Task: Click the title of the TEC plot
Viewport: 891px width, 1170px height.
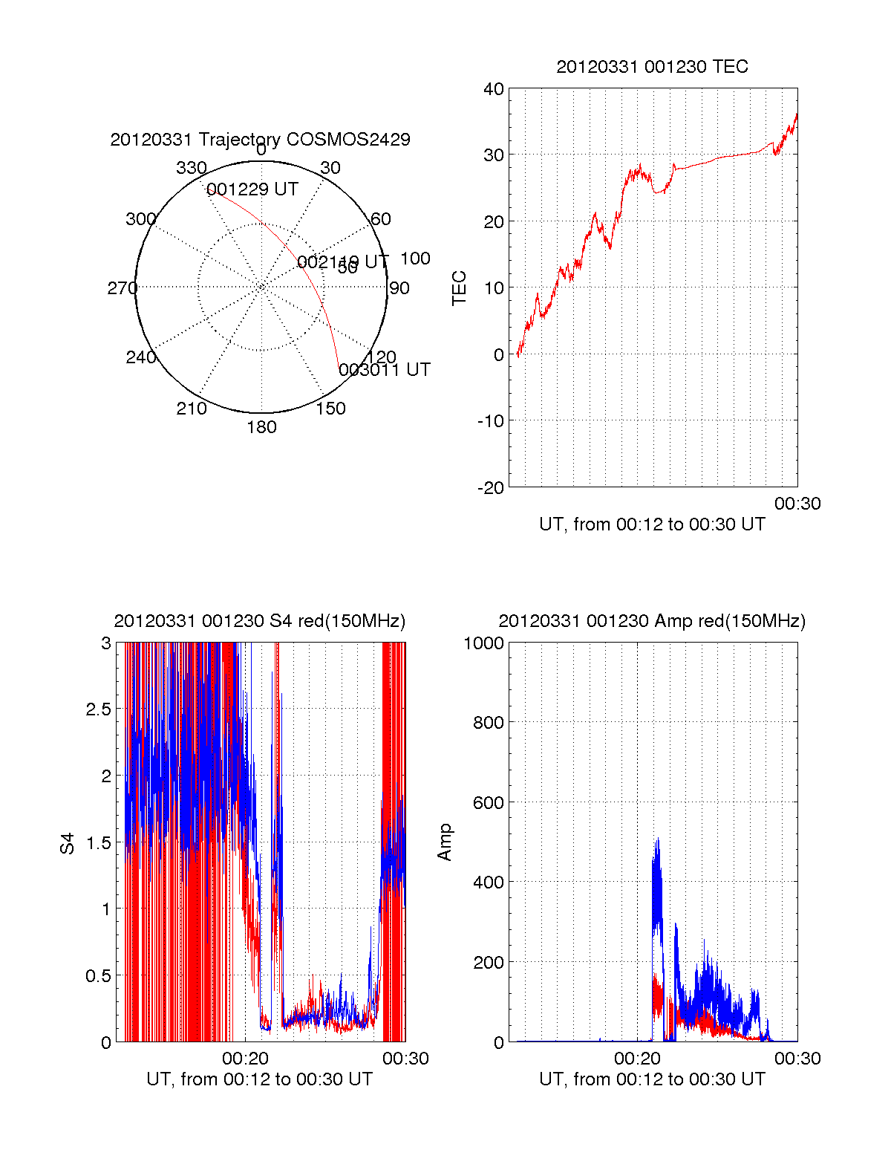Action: pos(652,67)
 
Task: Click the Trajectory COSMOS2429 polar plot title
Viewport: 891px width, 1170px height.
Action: pos(260,140)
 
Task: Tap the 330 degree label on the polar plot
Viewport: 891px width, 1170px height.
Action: pos(191,168)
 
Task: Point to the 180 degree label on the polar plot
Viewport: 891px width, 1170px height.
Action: pos(261,427)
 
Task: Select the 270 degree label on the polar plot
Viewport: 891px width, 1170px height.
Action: pos(122,288)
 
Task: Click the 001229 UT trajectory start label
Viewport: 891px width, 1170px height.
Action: pos(252,189)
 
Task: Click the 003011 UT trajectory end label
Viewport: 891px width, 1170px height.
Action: pos(385,370)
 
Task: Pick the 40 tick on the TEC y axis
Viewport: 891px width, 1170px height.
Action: pos(494,89)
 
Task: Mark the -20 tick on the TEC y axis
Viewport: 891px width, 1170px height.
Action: pos(491,488)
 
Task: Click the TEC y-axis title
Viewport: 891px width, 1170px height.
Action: pos(460,288)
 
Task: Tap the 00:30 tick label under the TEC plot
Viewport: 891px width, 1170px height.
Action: pos(797,504)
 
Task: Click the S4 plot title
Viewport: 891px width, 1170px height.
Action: pos(260,621)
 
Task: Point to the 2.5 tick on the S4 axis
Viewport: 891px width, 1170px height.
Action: pos(99,709)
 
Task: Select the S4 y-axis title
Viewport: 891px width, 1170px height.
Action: pos(68,843)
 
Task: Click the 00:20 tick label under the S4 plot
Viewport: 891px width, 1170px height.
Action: pos(245,1059)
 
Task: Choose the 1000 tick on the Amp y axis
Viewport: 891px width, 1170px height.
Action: pos(483,643)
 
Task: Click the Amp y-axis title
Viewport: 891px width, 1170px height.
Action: pos(445,842)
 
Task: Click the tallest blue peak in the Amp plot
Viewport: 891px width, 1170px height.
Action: pos(658,839)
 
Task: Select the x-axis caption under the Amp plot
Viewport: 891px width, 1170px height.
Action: pos(652,1079)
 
